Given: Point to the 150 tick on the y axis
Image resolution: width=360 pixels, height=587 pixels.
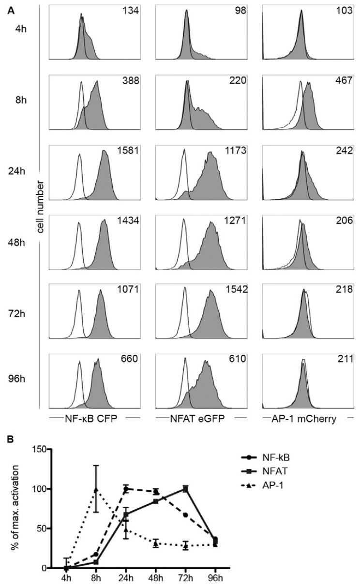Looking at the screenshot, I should pyautogui.click(x=39, y=449).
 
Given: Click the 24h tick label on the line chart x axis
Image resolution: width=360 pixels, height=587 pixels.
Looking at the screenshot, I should pyautogui.click(x=127, y=578).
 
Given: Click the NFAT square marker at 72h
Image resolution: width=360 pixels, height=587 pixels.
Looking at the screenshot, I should pyautogui.click(x=184, y=489).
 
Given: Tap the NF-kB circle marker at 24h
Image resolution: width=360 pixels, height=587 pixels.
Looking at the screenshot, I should pyautogui.click(x=127, y=489).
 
